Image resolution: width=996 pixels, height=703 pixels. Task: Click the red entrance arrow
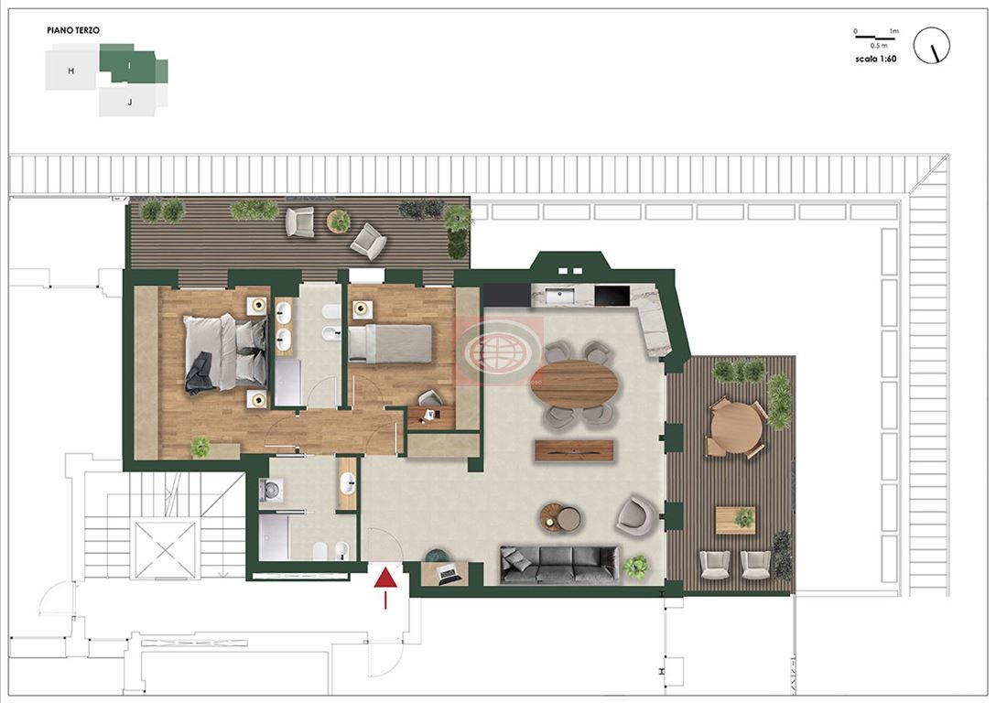tap(385, 588)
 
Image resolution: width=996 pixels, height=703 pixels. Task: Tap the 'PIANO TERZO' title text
tap(73, 30)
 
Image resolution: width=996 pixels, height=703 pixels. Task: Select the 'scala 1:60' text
tap(876, 59)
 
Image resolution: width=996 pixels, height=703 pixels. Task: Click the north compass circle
tap(931, 45)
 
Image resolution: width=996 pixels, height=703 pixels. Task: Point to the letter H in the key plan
tap(71, 70)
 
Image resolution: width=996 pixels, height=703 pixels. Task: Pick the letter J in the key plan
tap(130, 102)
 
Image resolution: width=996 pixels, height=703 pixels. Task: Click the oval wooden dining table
tap(574, 384)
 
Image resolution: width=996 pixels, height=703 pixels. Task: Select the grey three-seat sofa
tap(559, 565)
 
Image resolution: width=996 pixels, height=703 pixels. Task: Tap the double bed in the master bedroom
tap(225, 353)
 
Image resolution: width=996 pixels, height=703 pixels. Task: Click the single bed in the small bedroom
tap(390, 343)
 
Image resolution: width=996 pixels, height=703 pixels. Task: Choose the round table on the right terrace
tap(736, 427)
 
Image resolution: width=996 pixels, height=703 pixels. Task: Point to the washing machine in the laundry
tap(271, 491)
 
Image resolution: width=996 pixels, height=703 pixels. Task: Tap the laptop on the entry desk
tap(449, 573)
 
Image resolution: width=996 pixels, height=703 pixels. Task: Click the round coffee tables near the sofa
tap(560, 516)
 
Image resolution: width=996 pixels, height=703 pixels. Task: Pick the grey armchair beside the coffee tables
tap(636, 514)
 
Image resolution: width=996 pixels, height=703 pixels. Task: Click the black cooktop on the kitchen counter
tap(612, 296)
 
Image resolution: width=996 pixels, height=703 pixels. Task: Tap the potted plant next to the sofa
tap(635, 567)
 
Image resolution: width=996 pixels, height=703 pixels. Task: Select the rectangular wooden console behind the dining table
tap(574, 449)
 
